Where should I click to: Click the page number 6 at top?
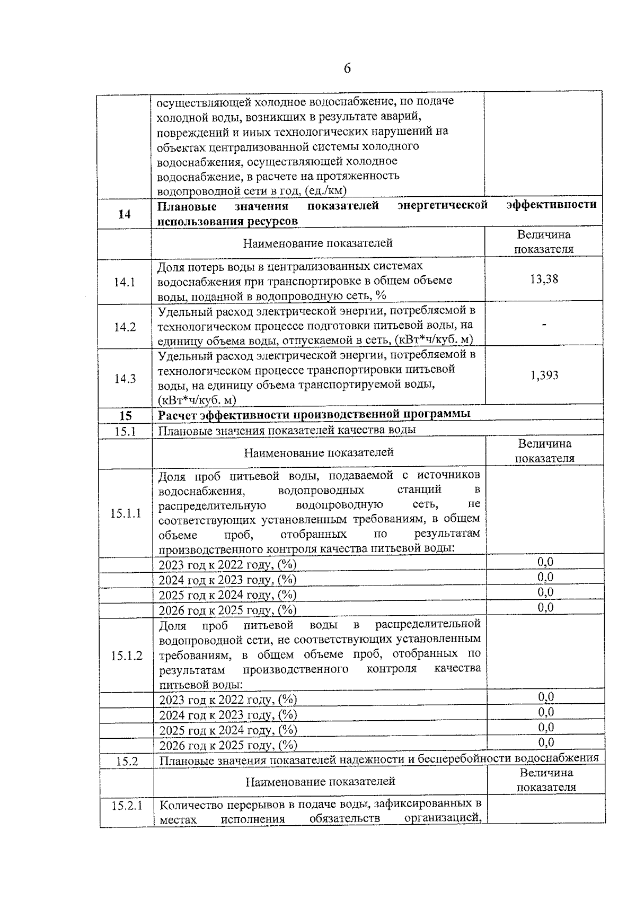tap(347, 68)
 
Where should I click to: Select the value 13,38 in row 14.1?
tap(544, 279)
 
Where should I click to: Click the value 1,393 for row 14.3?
tap(544, 375)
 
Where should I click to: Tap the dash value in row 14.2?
tap(544, 325)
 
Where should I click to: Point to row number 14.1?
tap(125, 282)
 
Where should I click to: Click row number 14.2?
tap(125, 327)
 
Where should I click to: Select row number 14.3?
tap(125, 379)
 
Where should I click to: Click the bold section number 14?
tap(125, 214)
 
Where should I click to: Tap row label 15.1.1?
tap(126, 513)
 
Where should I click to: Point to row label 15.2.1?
tap(127, 806)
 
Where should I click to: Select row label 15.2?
tap(127, 761)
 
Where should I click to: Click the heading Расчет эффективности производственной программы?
tap(314, 414)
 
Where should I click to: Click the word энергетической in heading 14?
tap(443, 206)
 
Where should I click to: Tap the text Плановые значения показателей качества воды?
tap(287, 430)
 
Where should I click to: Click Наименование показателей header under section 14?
tap(317, 243)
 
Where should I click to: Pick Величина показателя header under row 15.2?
tap(546, 780)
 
